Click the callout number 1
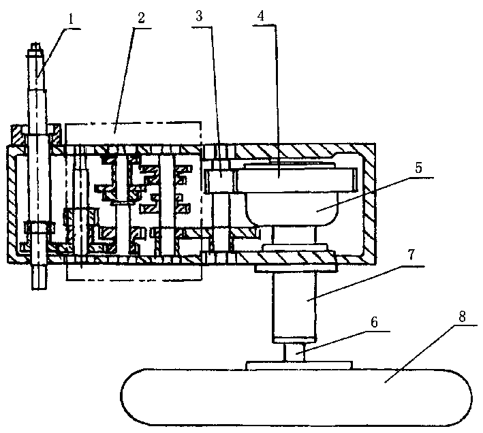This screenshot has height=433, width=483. click(x=71, y=20)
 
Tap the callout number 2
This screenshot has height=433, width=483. click(x=141, y=18)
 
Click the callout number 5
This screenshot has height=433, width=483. click(x=418, y=167)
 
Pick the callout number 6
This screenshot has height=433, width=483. click(x=374, y=322)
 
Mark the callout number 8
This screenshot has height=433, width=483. click(x=462, y=317)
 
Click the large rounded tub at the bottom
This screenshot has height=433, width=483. click(x=296, y=397)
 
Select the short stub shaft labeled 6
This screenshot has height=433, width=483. click(x=294, y=352)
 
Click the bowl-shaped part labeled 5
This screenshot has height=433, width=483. click(x=291, y=209)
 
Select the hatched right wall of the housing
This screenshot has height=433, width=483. click(x=369, y=204)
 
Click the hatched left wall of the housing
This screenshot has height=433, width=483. click(x=12, y=204)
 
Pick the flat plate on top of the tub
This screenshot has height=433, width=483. click(x=299, y=366)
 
